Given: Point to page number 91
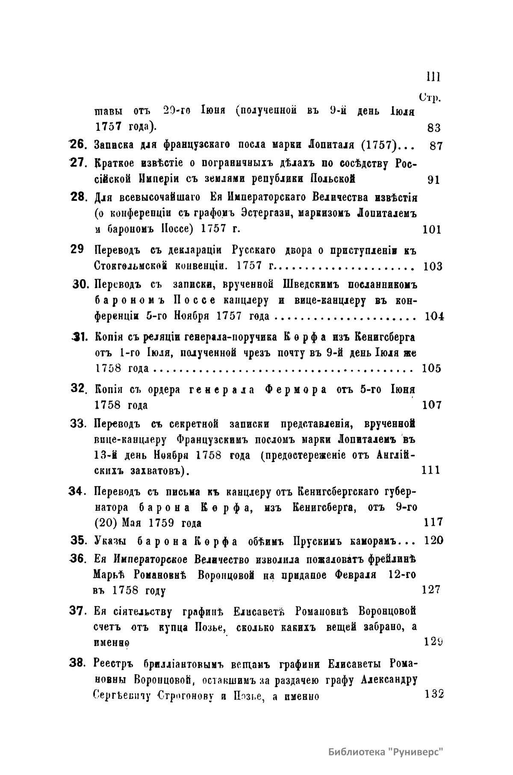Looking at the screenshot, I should click(433, 180).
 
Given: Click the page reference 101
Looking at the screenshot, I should click(431, 230).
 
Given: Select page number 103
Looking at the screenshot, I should click(433, 267).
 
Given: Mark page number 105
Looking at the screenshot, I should click(431, 368).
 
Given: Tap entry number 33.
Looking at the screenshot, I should click(78, 424).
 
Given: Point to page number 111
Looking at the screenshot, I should click(430, 470).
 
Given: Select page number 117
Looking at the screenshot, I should click(433, 522).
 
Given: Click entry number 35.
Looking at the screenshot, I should click(78, 540).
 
